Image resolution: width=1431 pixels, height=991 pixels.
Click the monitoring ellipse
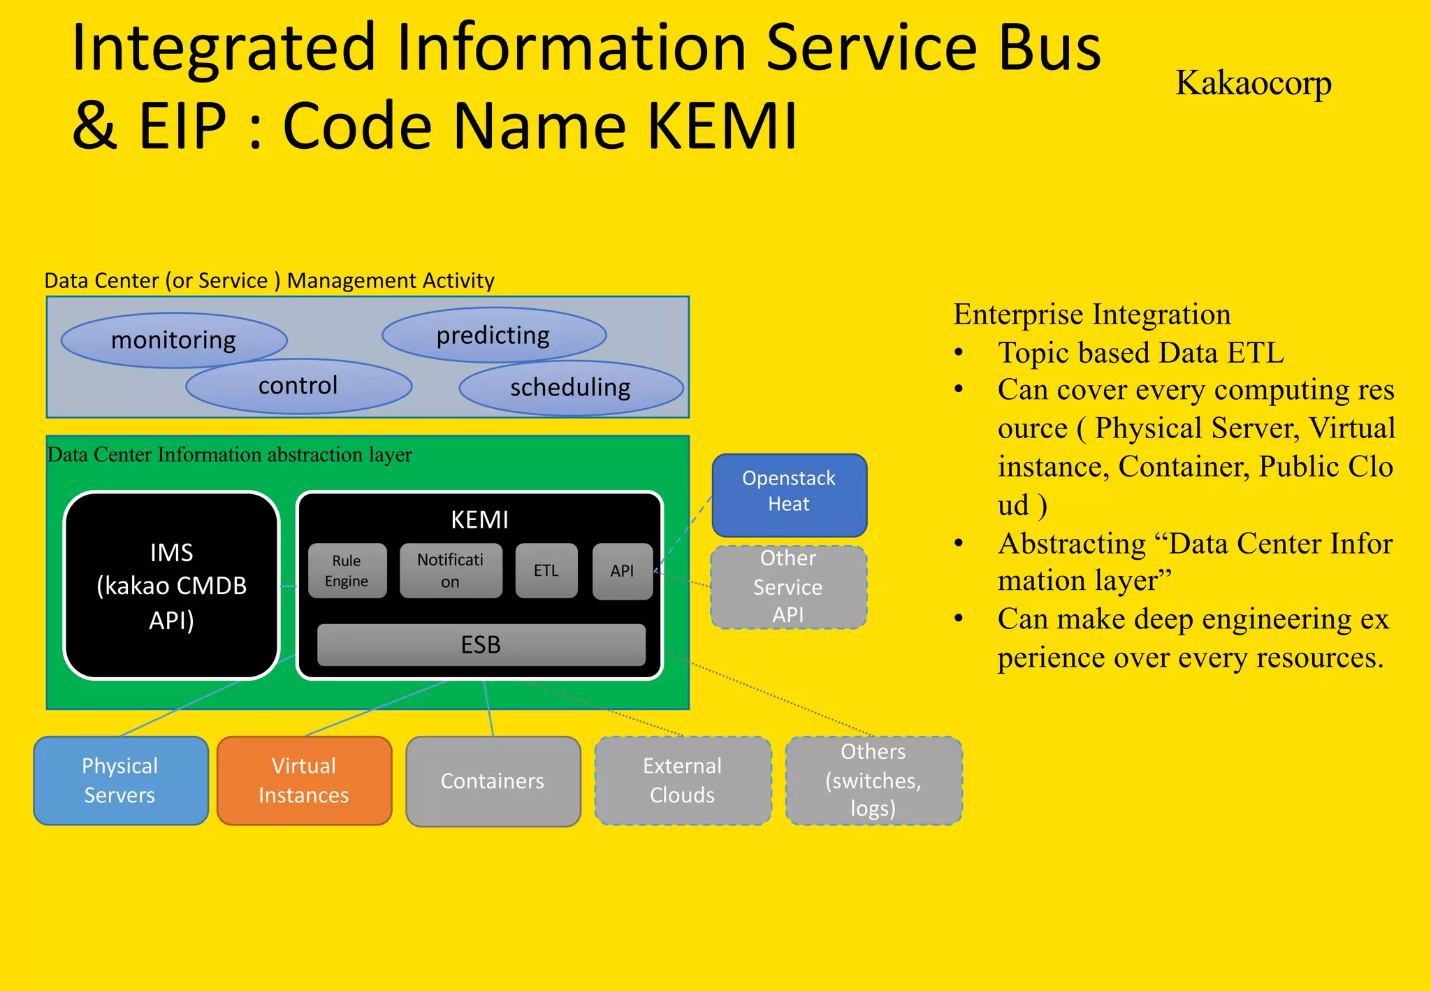click(x=173, y=340)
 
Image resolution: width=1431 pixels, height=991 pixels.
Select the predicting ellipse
click(x=493, y=335)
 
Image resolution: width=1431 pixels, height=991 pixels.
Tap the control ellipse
click(x=298, y=386)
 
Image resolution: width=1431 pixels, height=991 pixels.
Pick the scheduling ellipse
click(x=570, y=388)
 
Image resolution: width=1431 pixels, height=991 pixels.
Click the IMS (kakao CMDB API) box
click(x=171, y=586)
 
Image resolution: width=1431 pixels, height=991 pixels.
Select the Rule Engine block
click(x=347, y=571)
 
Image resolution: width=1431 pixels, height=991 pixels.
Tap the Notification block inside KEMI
click(x=450, y=571)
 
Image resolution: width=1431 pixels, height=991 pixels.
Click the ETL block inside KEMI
click(x=546, y=571)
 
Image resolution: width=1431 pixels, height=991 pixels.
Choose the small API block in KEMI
click(x=622, y=571)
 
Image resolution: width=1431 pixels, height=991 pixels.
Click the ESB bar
click(x=481, y=644)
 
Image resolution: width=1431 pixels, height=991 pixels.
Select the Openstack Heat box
click(x=789, y=494)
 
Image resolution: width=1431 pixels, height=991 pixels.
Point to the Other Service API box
click(x=788, y=587)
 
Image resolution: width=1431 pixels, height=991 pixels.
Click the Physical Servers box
click(x=120, y=781)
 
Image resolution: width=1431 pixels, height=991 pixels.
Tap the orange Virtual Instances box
click(x=304, y=781)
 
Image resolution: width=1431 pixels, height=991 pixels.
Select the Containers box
click(x=493, y=781)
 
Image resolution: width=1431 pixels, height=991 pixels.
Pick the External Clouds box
click(x=683, y=781)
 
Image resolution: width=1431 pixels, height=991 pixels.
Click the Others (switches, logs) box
click(x=873, y=781)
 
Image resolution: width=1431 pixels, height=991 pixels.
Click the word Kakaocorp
click(x=1253, y=83)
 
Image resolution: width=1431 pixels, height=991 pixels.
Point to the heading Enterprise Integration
click(x=1091, y=314)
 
